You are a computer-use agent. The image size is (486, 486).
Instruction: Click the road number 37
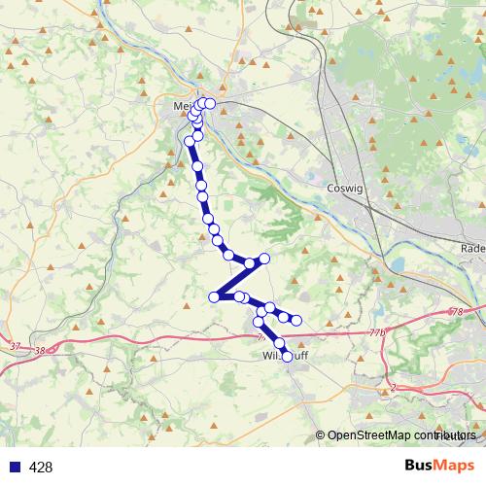(15, 346)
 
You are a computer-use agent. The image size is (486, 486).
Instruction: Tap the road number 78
(458, 312)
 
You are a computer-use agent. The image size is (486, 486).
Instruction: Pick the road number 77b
(378, 332)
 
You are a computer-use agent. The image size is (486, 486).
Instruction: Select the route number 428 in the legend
(41, 468)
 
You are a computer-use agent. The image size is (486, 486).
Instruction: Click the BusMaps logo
(438, 467)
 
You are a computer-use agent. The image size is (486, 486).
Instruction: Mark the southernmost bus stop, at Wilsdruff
(287, 357)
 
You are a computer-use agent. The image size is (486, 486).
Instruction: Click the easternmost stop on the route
(297, 321)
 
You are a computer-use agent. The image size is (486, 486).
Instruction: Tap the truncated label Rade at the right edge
(473, 248)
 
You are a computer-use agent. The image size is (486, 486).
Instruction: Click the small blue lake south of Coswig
(397, 264)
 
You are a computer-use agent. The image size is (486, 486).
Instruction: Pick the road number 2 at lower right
(393, 388)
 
